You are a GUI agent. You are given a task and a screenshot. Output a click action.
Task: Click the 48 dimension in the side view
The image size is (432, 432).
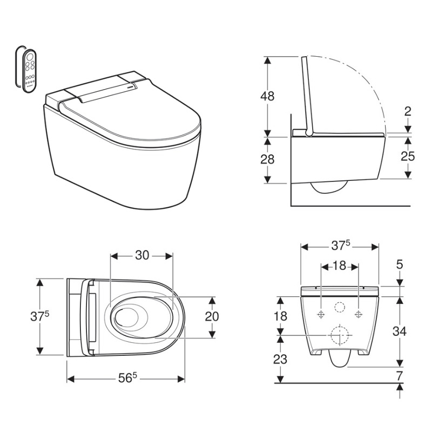[267, 96]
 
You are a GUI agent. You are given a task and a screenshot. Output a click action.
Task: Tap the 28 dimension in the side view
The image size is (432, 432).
[267, 159]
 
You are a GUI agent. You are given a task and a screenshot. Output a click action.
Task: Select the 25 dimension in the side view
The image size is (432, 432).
[408, 156]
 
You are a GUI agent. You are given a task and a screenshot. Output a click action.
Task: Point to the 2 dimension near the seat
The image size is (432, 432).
[408, 111]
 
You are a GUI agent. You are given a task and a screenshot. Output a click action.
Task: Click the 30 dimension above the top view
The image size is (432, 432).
[142, 255]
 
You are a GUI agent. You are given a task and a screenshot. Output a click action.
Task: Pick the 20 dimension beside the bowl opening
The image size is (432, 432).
[212, 316]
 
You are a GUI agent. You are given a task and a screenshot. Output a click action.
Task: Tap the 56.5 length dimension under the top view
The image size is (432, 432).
[127, 377]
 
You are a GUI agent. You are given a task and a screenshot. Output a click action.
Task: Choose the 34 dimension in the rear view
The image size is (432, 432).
[400, 331]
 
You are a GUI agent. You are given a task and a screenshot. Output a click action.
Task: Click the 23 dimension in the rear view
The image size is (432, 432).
[280, 359]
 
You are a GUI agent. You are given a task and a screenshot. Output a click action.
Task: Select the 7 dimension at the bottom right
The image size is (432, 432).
[400, 376]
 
